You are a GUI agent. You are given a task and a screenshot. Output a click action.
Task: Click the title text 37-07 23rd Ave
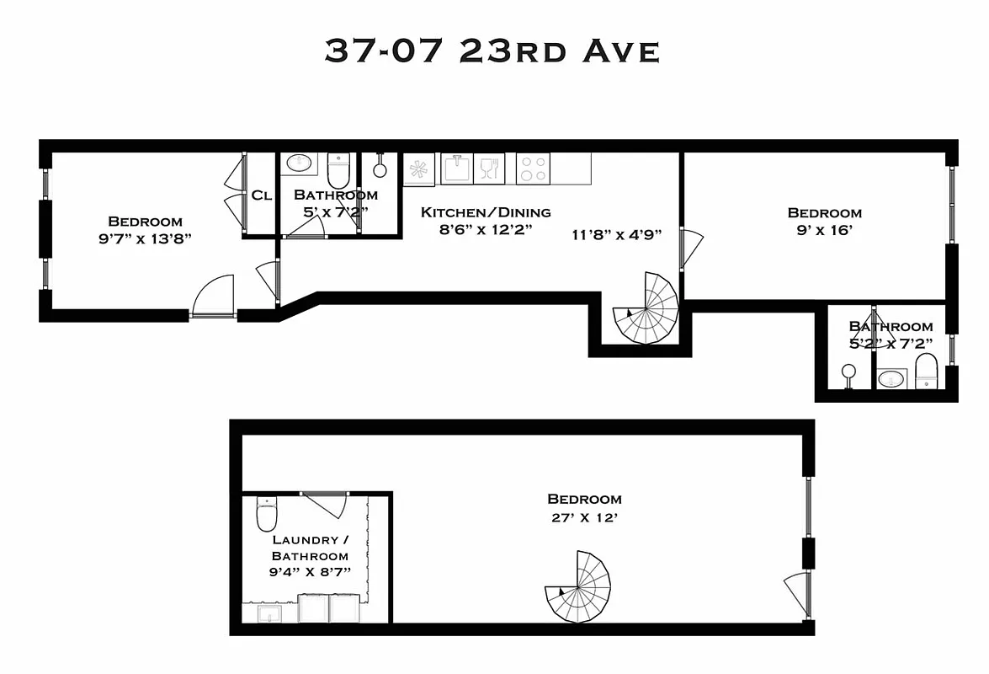pos(492,51)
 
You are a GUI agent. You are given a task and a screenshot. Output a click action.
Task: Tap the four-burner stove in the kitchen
pos(533,168)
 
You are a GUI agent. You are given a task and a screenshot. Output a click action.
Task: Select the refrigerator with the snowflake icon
pos(418,169)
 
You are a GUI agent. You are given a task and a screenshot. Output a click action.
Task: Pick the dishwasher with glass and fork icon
pos(489,168)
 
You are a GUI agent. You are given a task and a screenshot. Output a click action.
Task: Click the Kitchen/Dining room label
pos(486,212)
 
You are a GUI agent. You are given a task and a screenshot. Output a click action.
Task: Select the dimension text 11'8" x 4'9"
pos(616,235)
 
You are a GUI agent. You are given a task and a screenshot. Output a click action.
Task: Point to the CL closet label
pos(261,195)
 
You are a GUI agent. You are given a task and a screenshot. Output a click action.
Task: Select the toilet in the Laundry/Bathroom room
pos(267,512)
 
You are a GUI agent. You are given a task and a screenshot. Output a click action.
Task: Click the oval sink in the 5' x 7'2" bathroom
pos(297,163)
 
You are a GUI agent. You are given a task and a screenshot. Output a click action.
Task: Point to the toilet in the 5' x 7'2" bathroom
pos(338,169)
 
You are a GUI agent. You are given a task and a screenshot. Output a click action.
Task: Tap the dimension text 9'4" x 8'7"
pos(311,573)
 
